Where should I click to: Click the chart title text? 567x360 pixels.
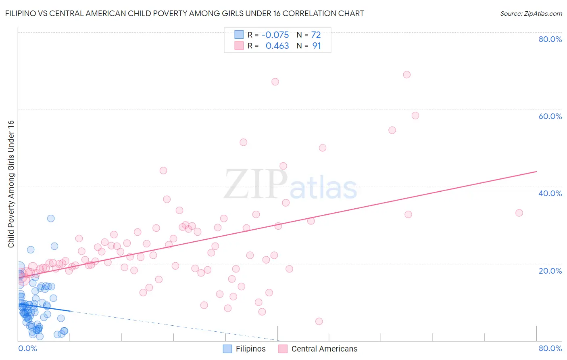tap(184, 13)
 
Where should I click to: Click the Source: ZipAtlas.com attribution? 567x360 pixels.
tap(531, 13)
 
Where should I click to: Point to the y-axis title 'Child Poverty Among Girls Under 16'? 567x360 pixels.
tap(11, 184)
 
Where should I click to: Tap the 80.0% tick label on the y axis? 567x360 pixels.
tap(550, 39)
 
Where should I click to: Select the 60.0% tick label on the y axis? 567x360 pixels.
tap(550, 116)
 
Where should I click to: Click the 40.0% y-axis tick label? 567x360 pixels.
tap(550, 193)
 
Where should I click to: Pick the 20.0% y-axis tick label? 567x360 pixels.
tap(550, 271)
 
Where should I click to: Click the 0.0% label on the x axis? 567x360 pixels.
tap(27, 348)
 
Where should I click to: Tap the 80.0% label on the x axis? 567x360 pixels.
tap(550, 348)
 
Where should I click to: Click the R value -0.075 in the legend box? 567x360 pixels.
tap(275, 35)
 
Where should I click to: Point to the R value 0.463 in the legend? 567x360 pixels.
tap(277, 46)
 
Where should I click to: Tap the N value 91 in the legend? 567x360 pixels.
tap(317, 46)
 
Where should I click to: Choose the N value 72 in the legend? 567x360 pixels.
tap(316, 35)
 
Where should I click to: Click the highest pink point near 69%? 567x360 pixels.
tap(406, 75)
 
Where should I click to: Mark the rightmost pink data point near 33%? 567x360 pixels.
tap(519, 213)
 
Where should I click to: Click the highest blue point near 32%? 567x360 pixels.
tap(51, 218)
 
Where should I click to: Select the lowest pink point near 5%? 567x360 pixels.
tap(319, 321)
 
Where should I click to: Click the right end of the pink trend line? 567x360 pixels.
tap(536, 172)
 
